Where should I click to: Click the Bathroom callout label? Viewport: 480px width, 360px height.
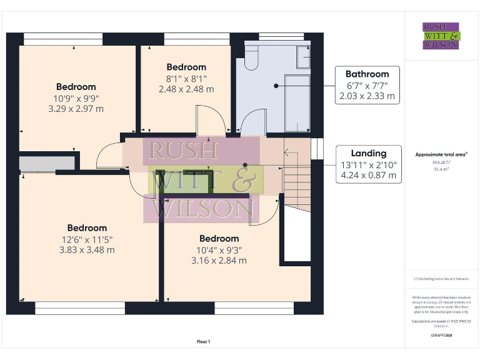click(367, 74)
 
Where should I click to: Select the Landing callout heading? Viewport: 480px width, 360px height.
click(368, 153)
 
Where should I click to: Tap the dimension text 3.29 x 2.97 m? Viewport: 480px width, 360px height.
click(76, 109)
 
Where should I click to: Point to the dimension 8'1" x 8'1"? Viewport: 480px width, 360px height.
click(186, 79)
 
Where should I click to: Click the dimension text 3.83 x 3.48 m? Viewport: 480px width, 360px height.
click(87, 250)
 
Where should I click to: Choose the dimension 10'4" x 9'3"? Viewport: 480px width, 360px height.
click(219, 249)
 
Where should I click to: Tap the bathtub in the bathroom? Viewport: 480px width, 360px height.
click(297, 101)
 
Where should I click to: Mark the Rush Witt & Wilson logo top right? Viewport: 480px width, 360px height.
click(441, 36)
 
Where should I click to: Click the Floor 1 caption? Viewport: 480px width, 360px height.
click(204, 342)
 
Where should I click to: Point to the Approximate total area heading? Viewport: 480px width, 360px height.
click(441, 154)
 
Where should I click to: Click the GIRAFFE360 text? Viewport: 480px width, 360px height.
click(441, 336)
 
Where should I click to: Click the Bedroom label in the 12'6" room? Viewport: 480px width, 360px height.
click(87, 228)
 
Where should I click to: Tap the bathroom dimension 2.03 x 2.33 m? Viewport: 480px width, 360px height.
click(367, 96)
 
